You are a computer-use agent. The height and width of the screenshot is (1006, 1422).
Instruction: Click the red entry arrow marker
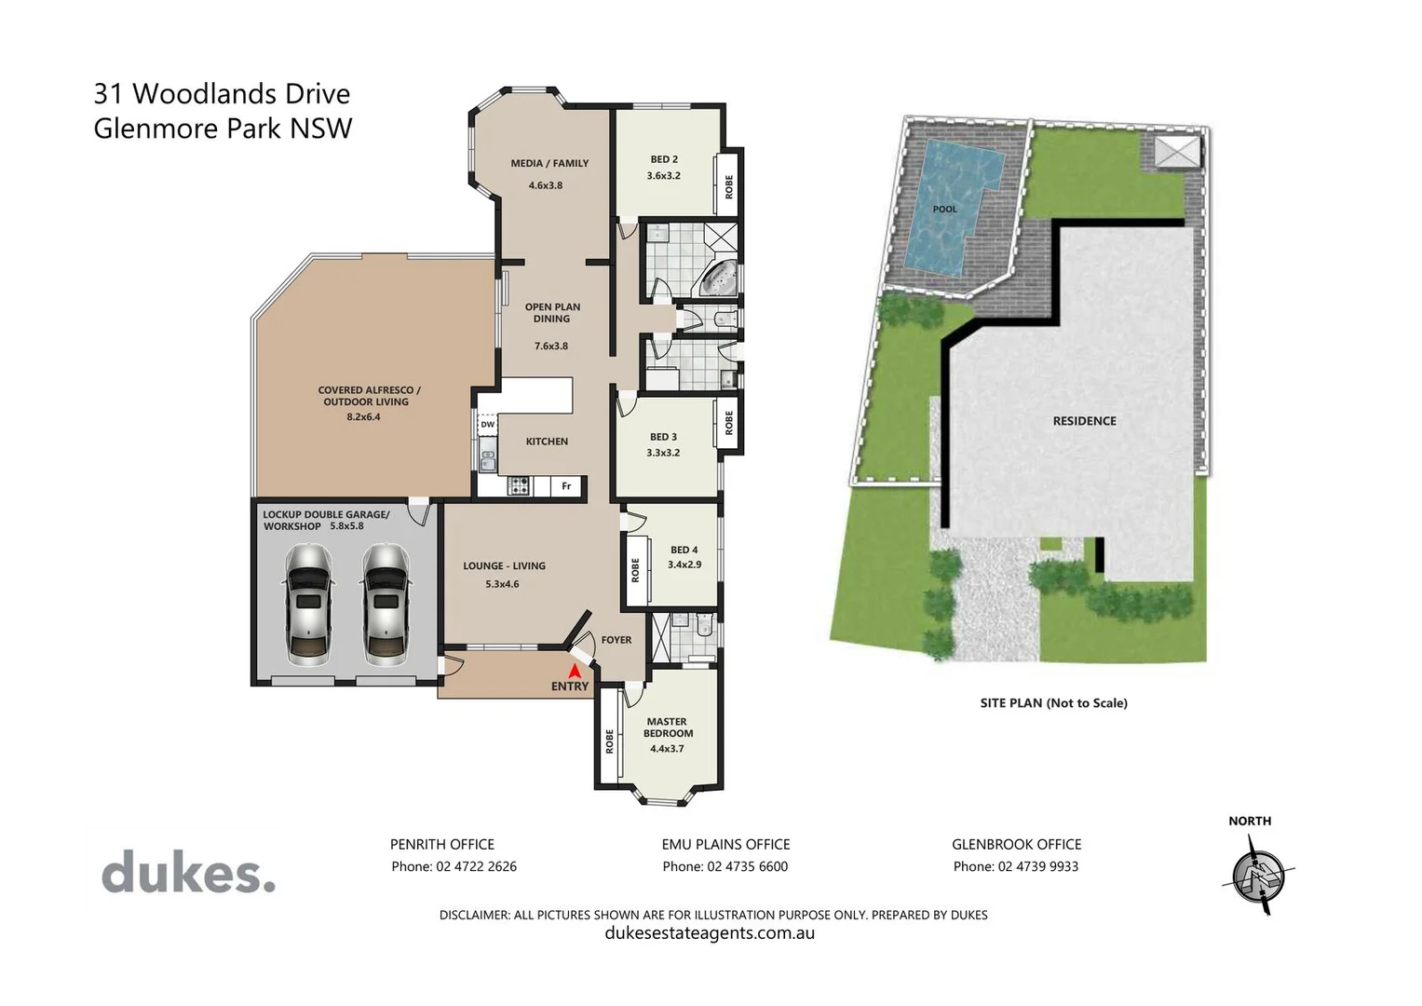click(x=575, y=670)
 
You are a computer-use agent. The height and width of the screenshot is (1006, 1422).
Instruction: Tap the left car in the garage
click(x=308, y=605)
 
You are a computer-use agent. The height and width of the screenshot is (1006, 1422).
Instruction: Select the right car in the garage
click(x=386, y=605)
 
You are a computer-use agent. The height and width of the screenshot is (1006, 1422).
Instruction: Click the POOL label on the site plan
click(x=944, y=210)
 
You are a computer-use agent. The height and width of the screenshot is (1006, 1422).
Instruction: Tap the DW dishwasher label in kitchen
click(x=487, y=425)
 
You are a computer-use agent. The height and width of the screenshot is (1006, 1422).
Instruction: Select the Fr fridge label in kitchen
click(x=566, y=486)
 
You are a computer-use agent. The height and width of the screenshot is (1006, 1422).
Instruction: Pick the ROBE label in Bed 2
click(x=729, y=186)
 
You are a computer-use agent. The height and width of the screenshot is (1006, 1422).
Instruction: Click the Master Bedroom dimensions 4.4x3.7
click(x=667, y=748)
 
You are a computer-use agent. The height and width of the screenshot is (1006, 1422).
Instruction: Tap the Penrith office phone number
click(x=454, y=866)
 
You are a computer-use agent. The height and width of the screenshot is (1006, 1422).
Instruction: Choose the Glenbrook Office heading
click(x=1016, y=844)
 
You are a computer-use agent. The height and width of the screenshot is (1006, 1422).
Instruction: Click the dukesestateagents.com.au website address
click(x=710, y=933)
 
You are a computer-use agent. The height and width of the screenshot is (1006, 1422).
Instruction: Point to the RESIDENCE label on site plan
click(x=1084, y=421)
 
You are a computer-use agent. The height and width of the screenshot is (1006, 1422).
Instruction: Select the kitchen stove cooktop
click(x=518, y=485)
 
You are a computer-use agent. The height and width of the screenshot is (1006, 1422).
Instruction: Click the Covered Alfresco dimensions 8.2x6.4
click(x=363, y=416)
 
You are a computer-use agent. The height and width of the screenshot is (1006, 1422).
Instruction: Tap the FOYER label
click(x=616, y=640)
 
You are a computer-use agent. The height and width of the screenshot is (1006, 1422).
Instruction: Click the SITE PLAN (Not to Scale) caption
click(x=1053, y=703)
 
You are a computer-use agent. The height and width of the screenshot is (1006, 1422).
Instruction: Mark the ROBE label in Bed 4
click(x=635, y=570)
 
